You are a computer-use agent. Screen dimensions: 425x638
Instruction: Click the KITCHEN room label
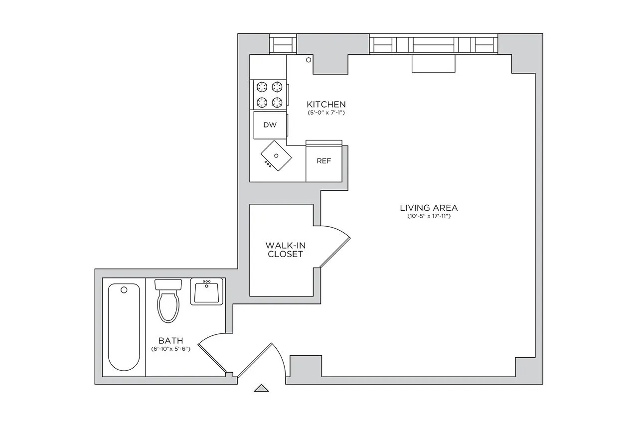click(x=326, y=105)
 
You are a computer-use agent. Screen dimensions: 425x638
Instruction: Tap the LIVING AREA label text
click(x=429, y=208)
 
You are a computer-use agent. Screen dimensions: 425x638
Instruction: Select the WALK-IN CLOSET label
click(x=284, y=249)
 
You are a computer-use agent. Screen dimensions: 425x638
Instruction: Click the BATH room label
click(x=171, y=340)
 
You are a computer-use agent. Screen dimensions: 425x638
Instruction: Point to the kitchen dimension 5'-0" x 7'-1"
click(x=326, y=113)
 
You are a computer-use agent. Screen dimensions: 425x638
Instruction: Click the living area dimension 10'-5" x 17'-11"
click(x=429, y=216)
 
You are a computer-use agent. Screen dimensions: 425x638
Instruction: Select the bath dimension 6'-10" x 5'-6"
click(x=171, y=349)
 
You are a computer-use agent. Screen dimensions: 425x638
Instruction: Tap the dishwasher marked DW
click(x=270, y=125)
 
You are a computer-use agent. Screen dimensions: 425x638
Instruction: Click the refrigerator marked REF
click(x=323, y=161)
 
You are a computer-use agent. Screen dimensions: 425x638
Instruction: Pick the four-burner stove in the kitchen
click(x=270, y=95)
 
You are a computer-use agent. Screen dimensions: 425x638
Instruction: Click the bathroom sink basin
click(x=207, y=292)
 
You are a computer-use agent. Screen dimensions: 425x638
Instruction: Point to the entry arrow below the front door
click(x=261, y=388)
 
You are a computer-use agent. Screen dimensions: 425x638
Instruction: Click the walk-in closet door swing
click(x=335, y=245)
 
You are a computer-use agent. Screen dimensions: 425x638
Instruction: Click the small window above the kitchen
click(x=283, y=44)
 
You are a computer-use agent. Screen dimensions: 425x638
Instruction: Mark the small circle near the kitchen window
click(x=309, y=60)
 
